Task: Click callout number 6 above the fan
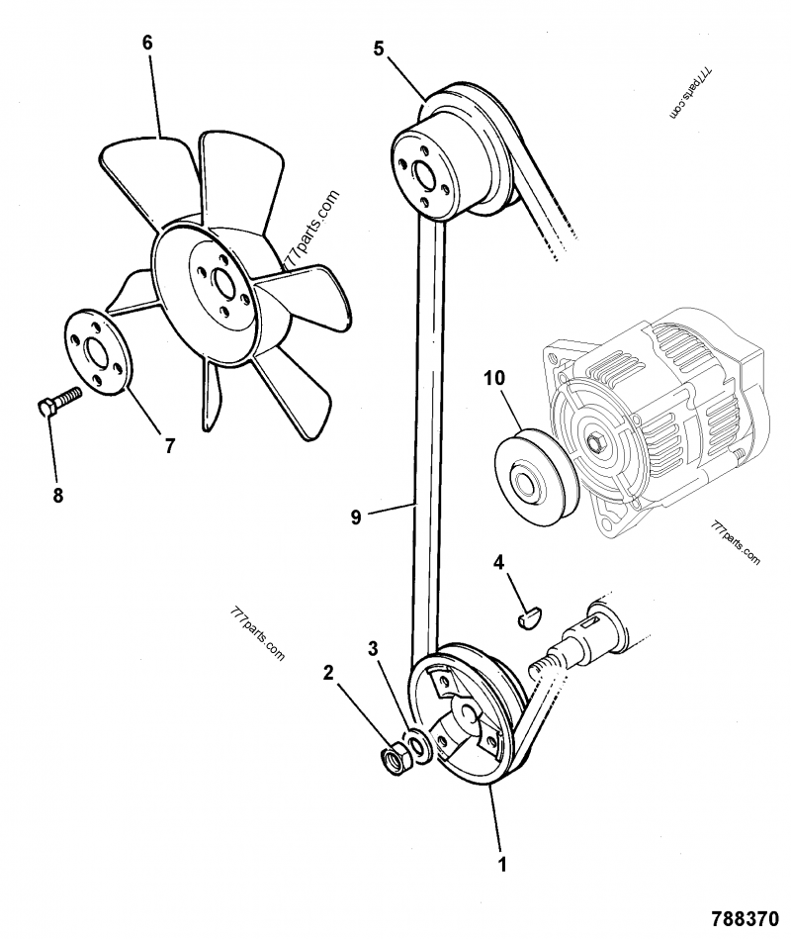coord(147,44)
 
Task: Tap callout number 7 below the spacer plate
coord(169,445)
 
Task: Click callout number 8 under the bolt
coord(57,495)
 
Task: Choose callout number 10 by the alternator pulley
coord(494,378)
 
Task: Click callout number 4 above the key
coord(499,562)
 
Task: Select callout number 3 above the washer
coord(373,649)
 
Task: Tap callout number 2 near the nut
coord(328,674)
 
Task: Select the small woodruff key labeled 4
coord(530,619)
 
